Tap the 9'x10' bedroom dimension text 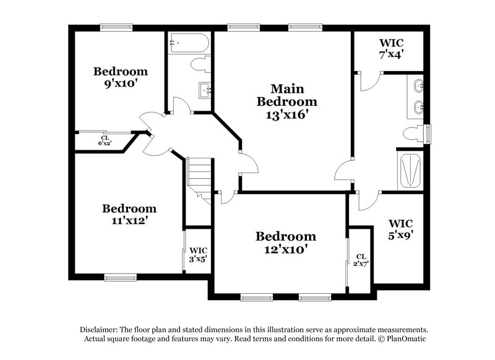pos(121,84)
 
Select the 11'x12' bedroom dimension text pos(129,220)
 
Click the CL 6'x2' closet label pos(105,141)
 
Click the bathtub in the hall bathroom pos(188,43)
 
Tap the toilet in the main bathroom pos(412,132)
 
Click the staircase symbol pos(200,176)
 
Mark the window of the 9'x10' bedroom pos(116,27)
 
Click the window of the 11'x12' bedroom pos(120,276)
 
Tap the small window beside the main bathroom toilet pos(427,132)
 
